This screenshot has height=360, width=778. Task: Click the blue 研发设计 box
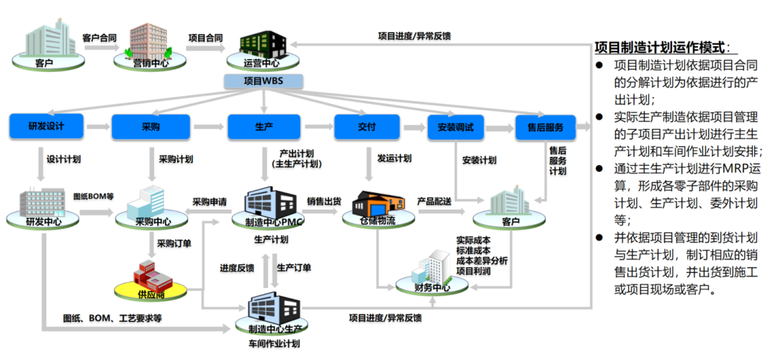point(46,127)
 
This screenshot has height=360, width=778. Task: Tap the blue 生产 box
point(264,127)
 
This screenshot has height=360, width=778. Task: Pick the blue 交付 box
point(367,127)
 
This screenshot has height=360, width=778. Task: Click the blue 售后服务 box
point(545,127)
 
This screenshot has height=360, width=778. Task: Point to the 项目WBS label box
point(264,80)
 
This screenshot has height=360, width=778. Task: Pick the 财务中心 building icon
point(433,271)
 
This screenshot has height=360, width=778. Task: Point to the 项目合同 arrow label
point(205,37)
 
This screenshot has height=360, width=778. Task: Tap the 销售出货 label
point(323,201)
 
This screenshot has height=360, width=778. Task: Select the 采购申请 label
point(210,201)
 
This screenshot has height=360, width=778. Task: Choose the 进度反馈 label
point(237,268)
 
